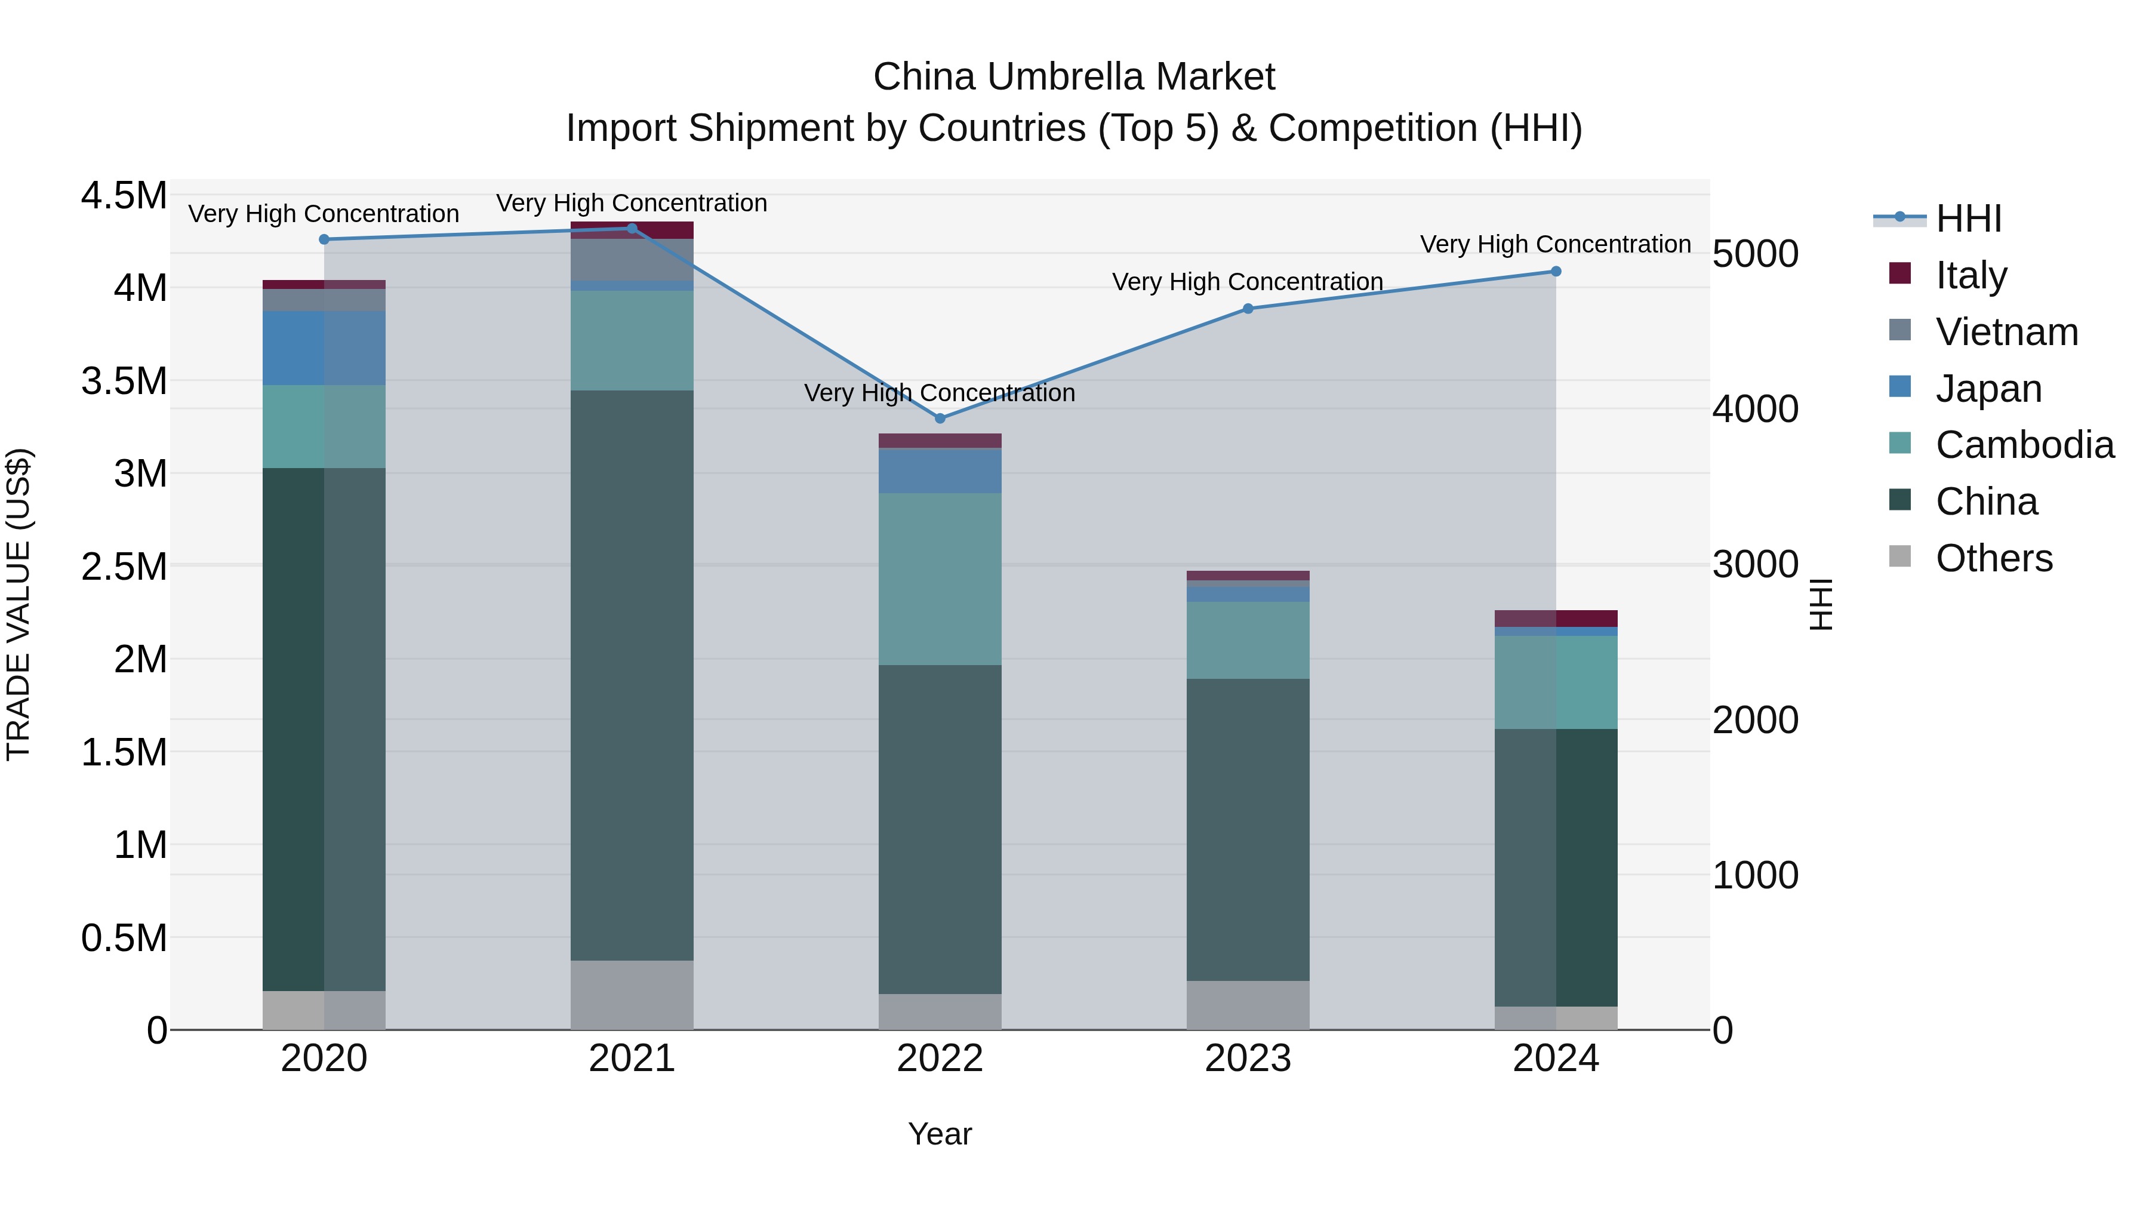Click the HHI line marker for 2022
click(940, 418)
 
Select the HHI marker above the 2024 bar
click(1556, 271)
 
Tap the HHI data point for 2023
click(1248, 309)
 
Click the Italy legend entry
click(1971, 275)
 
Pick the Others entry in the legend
click(1993, 558)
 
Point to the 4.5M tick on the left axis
click(124, 196)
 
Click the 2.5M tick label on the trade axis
click(124, 567)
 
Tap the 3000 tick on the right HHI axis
click(1755, 565)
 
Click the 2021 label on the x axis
click(632, 1059)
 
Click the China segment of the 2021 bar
click(632, 676)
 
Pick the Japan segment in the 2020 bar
click(324, 348)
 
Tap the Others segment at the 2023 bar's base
click(1248, 1005)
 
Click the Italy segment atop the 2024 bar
click(1556, 619)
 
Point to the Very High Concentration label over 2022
click(940, 393)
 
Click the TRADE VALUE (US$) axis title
click(19, 604)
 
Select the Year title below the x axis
click(940, 1134)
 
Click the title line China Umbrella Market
click(1074, 77)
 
